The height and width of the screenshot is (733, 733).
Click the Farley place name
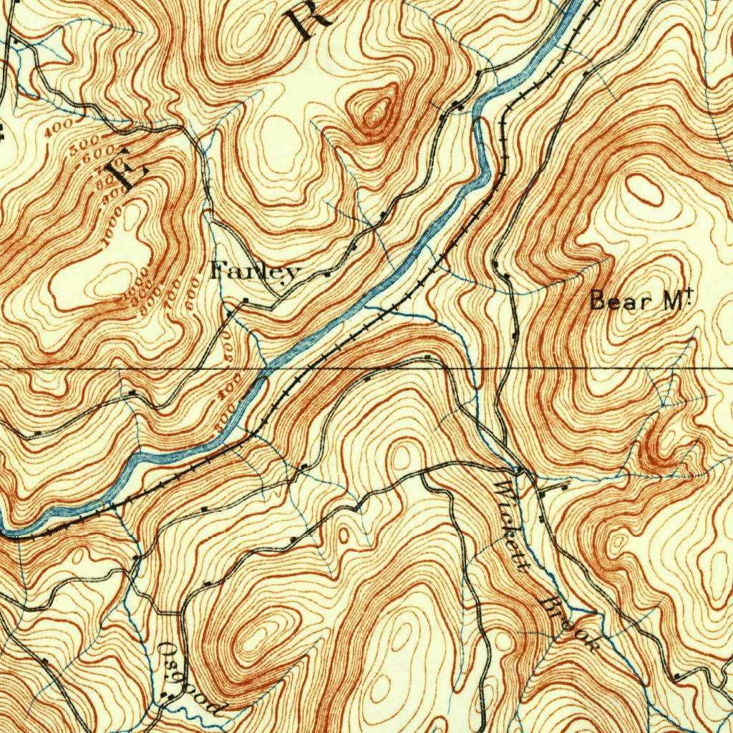pos(254,272)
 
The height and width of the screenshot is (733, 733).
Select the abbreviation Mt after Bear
pos(674,301)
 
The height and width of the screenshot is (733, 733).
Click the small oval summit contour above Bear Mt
pos(644,190)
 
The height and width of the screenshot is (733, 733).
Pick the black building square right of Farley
pos(328,273)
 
